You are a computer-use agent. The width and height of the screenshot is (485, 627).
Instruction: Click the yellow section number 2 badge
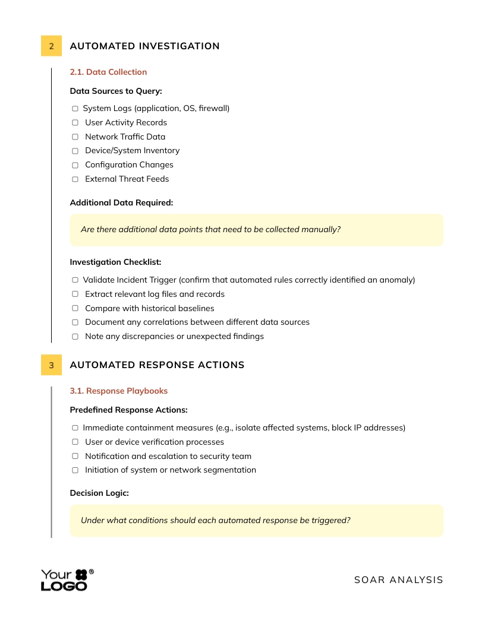pos(51,46)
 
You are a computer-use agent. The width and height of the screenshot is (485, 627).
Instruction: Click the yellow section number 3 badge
pos(51,365)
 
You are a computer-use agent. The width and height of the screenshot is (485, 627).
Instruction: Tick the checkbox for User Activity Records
pos(75,123)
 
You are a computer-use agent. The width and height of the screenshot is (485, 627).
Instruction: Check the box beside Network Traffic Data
pos(75,137)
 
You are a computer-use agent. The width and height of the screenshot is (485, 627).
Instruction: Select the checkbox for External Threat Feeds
pos(75,179)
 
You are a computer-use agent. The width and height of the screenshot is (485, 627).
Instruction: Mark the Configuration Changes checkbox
pos(75,165)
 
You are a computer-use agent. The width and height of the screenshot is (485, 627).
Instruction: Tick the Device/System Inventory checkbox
pos(75,151)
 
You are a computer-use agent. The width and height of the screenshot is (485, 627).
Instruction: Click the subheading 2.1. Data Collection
pos(108,72)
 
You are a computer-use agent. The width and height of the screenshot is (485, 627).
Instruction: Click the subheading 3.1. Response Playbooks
pos(118,391)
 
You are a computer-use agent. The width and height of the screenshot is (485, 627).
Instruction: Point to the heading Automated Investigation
pos(144,46)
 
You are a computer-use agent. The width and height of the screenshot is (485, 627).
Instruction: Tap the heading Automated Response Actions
pos(157,365)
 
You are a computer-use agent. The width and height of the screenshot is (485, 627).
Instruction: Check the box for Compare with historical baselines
pos(75,308)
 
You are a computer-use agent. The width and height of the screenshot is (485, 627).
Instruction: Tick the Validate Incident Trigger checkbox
pos(75,280)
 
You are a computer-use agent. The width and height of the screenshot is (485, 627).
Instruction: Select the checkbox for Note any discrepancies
pos(75,337)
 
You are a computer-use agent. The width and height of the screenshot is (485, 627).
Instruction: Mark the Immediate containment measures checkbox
pos(75,427)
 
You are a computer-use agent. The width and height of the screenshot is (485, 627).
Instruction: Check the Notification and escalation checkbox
pos(75,456)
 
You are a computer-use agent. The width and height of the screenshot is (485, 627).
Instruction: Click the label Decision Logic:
pos(99,493)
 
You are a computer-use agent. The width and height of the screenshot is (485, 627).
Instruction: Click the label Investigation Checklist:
pos(115,262)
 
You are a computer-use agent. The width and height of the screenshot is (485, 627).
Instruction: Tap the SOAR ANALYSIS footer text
pos(398,579)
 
